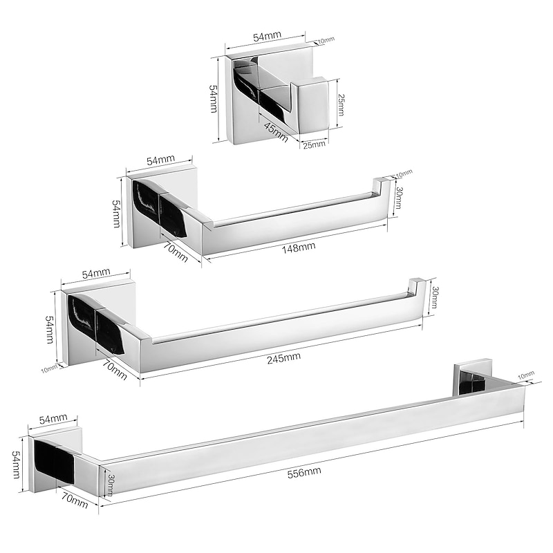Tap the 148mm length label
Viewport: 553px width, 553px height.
click(299, 246)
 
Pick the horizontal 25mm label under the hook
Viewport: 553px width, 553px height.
click(312, 144)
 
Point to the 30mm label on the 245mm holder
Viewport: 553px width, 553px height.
click(435, 297)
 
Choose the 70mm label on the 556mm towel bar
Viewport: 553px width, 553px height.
click(75, 498)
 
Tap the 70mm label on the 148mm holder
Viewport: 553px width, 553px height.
click(176, 252)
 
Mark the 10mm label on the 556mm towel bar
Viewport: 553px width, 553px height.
click(526, 375)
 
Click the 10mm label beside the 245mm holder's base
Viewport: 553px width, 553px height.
click(49, 368)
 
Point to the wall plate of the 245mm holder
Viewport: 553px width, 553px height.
click(99, 325)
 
